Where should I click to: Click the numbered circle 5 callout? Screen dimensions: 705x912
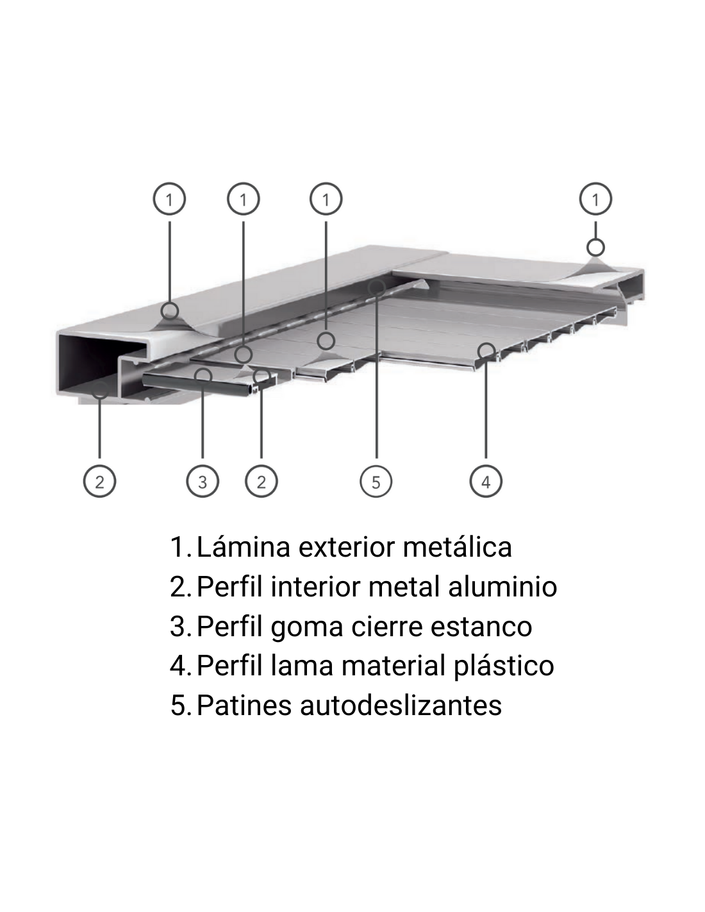click(376, 482)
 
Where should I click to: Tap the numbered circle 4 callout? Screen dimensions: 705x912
click(486, 482)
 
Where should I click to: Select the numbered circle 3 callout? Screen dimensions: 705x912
click(203, 482)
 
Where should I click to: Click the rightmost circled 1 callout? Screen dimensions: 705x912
click(595, 199)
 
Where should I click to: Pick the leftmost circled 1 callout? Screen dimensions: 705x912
click(169, 199)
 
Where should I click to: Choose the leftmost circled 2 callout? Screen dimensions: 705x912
click(99, 482)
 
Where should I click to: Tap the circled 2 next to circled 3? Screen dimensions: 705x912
click(261, 482)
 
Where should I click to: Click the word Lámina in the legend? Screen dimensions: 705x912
click(244, 547)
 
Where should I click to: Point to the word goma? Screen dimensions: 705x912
click(307, 628)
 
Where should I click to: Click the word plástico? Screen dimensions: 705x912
click(504, 667)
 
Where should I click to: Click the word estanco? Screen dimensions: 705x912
click(481, 627)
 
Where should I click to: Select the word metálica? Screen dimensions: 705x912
click(457, 547)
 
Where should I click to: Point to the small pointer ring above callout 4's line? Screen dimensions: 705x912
click(486, 351)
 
